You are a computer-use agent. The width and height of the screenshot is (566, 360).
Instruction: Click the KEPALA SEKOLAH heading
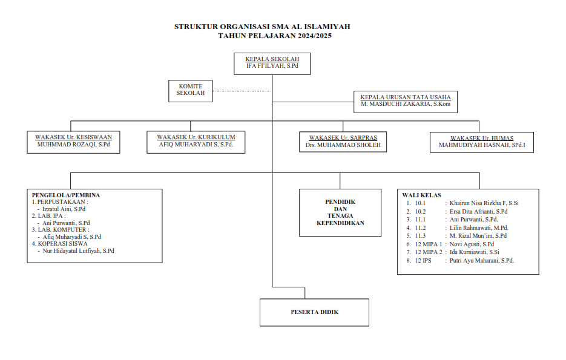coord(272,59)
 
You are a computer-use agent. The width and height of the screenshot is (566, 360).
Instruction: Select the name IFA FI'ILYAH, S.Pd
coord(272,65)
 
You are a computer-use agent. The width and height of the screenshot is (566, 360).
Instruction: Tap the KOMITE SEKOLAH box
coord(191,90)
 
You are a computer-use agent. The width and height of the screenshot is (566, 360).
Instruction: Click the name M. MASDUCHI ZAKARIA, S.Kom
coord(405,105)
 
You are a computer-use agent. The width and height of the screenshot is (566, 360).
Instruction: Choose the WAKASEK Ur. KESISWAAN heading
coord(74,137)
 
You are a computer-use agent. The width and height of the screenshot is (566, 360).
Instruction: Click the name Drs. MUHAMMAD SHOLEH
coord(343,145)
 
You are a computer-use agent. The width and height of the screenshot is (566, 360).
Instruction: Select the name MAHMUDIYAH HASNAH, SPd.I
coord(481,145)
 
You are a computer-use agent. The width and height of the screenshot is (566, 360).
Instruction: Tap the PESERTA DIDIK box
coord(314,312)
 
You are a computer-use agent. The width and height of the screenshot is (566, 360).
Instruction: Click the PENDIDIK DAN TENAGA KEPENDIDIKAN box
coord(340,212)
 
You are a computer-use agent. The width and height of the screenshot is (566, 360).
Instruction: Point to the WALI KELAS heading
coord(421,195)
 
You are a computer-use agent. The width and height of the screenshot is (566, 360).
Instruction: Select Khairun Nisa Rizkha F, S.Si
coord(484,203)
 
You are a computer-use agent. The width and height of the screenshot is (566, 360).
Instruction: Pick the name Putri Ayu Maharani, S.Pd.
coord(482,260)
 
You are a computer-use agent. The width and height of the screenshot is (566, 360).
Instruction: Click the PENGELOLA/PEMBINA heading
coord(65,195)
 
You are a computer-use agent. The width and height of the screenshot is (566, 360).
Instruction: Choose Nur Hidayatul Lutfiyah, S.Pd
coord(77,250)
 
